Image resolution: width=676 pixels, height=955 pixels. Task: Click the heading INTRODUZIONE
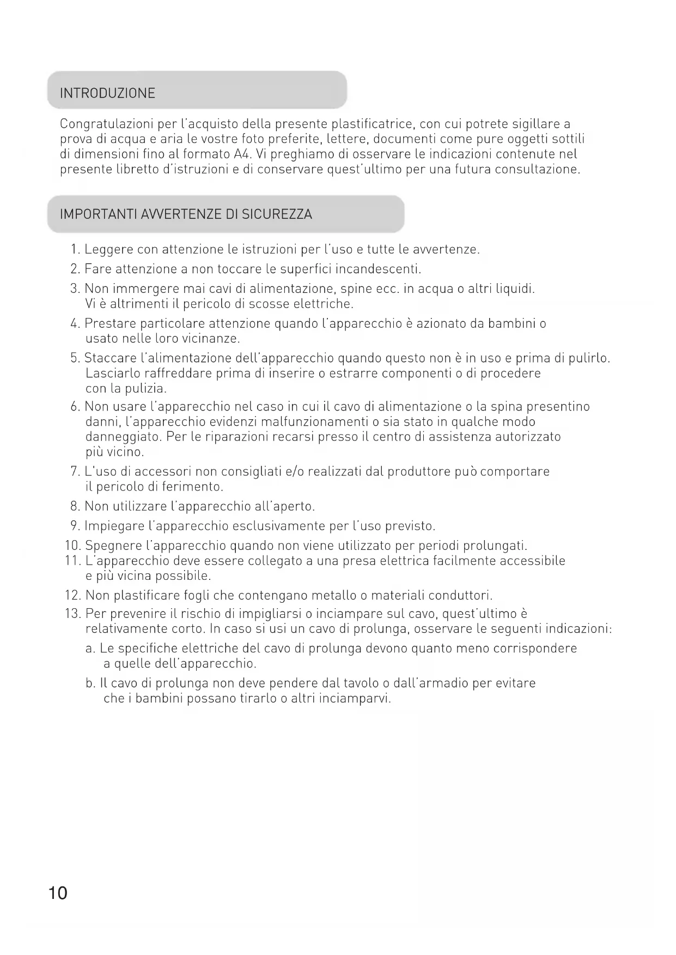click(x=107, y=93)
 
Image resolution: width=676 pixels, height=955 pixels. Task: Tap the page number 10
click(x=58, y=893)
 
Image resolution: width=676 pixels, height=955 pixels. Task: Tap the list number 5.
click(x=75, y=358)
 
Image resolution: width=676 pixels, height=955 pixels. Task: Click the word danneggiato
click(x=123, y=437)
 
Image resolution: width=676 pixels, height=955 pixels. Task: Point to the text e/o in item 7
click(x=295, y=472)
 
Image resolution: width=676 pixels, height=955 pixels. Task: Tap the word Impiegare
click(x=114, y=527)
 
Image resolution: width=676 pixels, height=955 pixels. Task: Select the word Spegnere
click(x=114, y=546)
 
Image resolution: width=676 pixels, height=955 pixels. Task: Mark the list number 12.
click(x=72, y=596)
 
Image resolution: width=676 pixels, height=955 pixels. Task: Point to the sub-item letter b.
click(x=90, y=683)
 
